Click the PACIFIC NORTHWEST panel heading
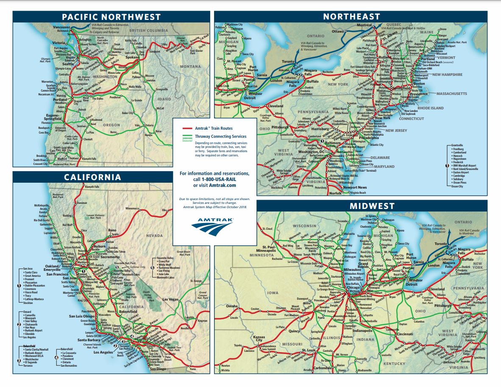111,17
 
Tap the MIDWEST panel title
366,206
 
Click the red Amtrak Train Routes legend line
188,128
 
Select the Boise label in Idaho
158,131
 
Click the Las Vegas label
170,299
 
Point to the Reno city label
112,230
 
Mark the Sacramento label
110,257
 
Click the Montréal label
364,25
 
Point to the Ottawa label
338,31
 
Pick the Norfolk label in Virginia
335,193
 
